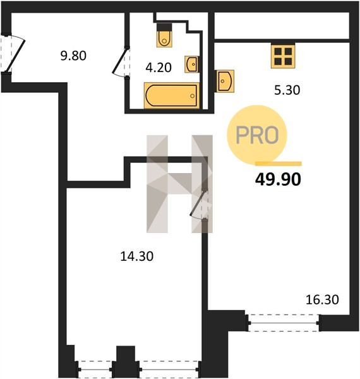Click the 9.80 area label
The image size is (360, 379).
[73, 56]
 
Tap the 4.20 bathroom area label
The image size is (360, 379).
[159, 68]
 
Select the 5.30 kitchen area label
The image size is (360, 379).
[287, 90]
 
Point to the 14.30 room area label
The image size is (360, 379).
[137, 256]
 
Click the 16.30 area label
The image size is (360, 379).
[322, 299]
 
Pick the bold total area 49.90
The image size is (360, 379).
[278, 179]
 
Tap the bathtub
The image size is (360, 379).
[172, 95]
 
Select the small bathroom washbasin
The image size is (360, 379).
[192, 64]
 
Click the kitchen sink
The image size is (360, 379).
[225, 81]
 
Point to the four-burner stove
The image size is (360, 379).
[283, 56]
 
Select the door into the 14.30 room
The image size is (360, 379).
[199, 205]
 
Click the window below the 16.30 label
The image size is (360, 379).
[284, 323]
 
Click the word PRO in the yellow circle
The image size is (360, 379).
[257, 135]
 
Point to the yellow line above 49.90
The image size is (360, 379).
[279, 164]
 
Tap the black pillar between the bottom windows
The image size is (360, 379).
[126, 361]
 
